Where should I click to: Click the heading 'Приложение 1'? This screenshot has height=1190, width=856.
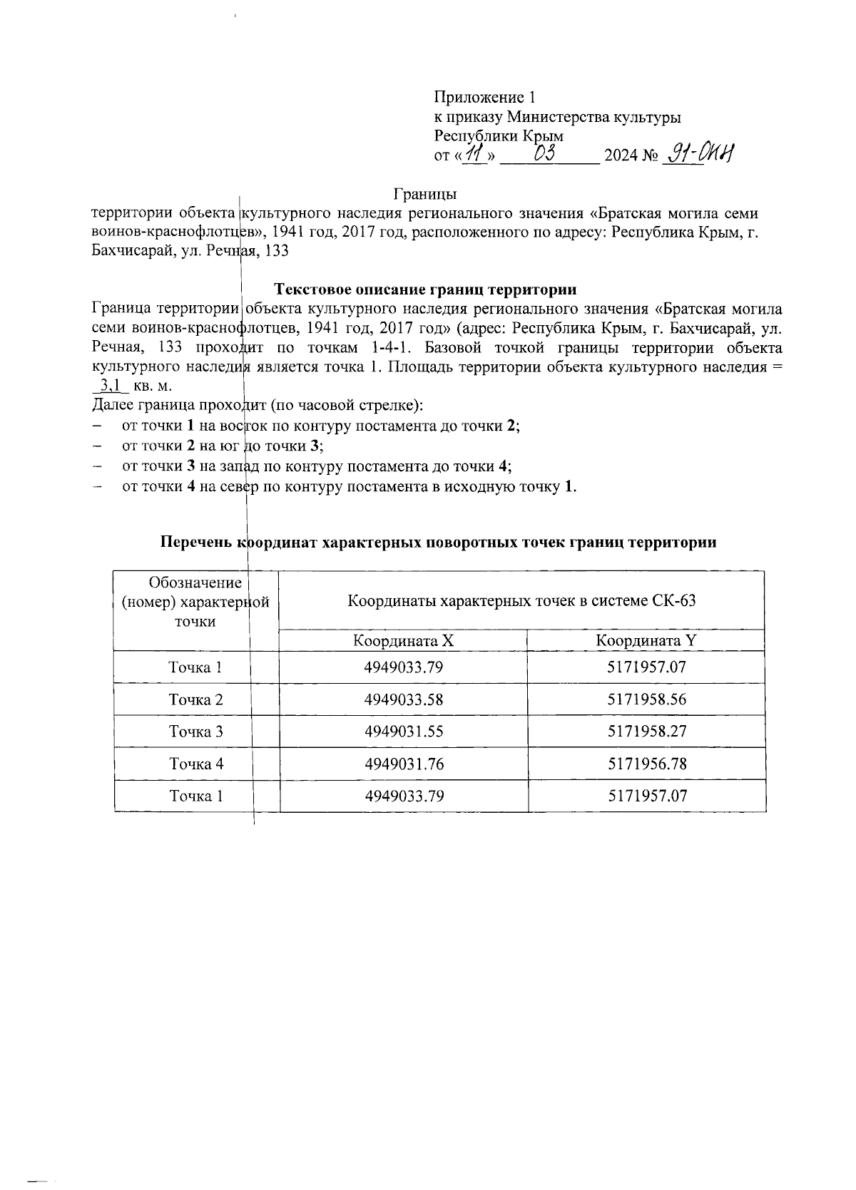pos(484,97)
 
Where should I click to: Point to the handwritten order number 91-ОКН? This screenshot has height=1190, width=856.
pos(699,153)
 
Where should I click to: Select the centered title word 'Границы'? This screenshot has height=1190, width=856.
pos(425,193)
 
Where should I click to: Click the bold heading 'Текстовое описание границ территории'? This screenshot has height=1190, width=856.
pos(426,289)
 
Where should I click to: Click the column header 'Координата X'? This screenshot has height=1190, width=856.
pos(404,640)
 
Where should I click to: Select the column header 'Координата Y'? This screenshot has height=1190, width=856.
pos(646,640)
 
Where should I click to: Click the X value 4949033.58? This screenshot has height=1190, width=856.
pos(404,699)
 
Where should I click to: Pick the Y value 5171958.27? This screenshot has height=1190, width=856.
pos(647,732)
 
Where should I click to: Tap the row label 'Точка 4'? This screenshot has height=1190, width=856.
pos(196,764)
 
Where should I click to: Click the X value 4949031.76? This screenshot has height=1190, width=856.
pos(404,764)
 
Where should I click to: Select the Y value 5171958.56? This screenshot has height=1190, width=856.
pos(647,699)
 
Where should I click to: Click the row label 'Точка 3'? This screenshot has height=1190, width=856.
pos(196,732)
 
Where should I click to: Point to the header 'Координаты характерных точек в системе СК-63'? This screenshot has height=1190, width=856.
pos(521,600)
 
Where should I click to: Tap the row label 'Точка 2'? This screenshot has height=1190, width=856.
pos(196,699)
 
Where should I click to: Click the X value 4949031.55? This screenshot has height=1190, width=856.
pos(404,732)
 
